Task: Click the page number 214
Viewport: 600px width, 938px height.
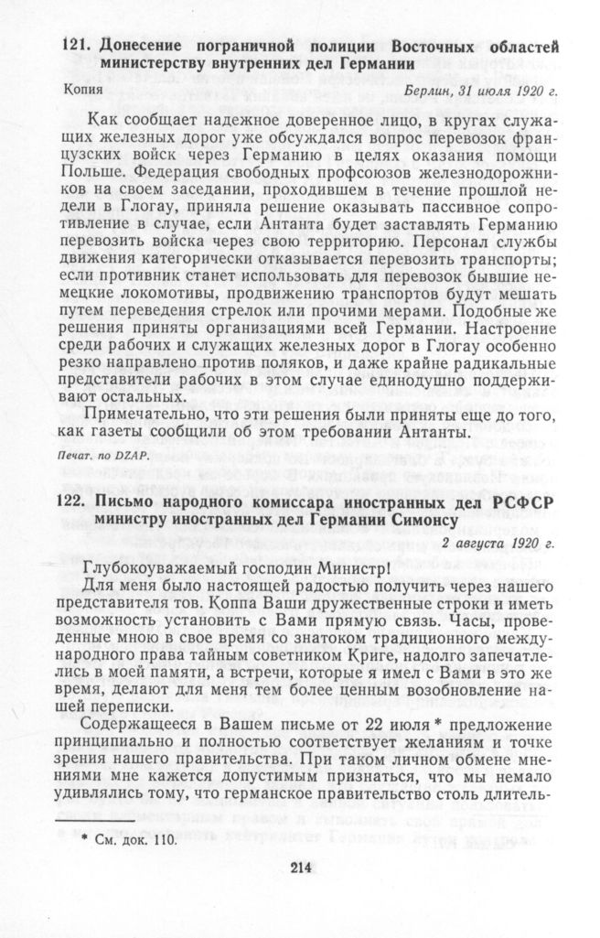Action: tap(301, 868)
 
